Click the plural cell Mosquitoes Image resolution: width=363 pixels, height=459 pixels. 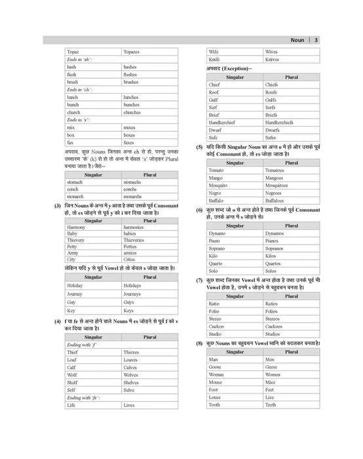(x=280, y=186)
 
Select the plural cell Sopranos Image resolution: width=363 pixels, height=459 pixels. (x=277, y=249)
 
